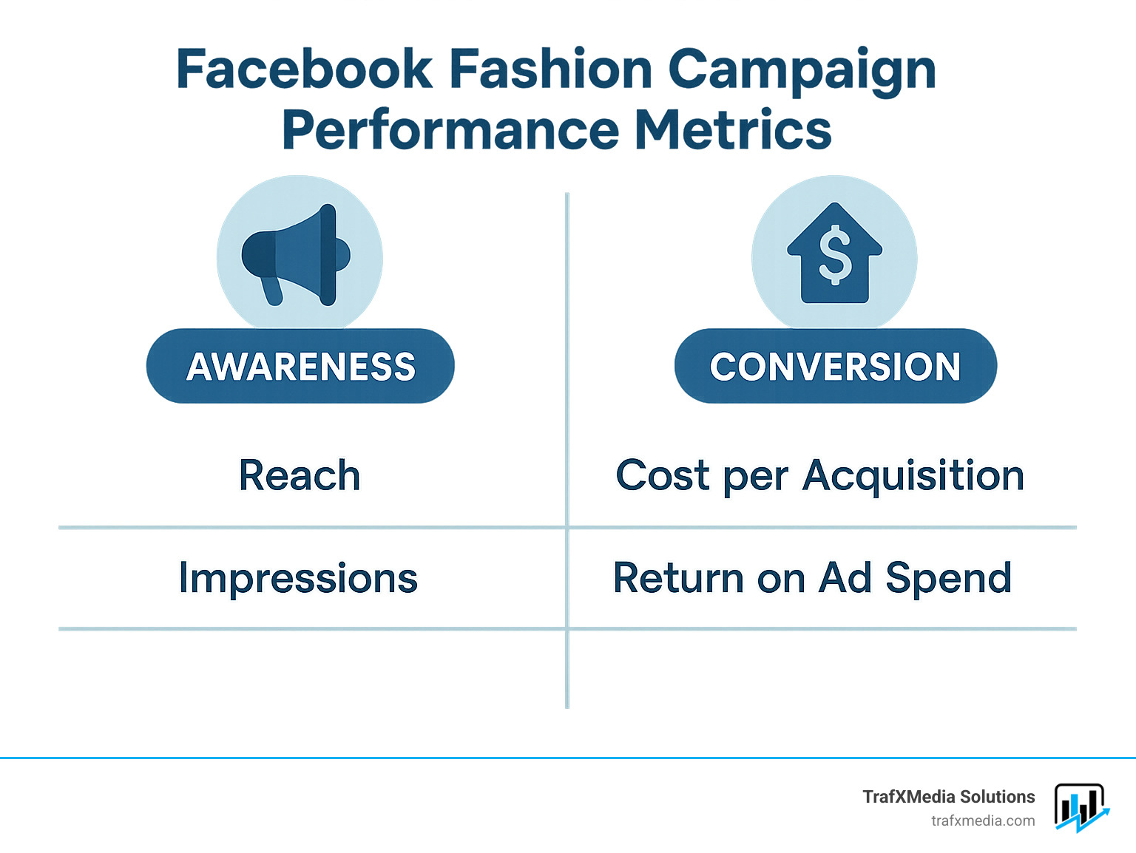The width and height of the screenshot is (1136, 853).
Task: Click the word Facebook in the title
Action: (x=304, y=69)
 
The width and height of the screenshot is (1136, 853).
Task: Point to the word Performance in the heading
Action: (x=450, y=130)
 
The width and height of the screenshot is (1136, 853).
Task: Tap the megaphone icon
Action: (x=296, y=255)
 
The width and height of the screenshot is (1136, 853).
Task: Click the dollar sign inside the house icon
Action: (x=835, y=255)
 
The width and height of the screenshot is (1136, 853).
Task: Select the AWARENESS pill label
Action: (x=300, y=366)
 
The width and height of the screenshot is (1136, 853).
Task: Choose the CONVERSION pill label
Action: (x=835, y=366)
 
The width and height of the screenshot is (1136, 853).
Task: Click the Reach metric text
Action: (x=300, y=475)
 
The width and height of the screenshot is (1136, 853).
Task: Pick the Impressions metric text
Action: (x=298, y=578)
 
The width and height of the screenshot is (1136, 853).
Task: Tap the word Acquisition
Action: (x=913, y=475)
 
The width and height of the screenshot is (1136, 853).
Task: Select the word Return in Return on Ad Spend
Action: (x=678, y=578)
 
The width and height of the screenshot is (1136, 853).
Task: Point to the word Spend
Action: (x=948, y=578)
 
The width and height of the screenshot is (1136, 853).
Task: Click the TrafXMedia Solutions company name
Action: (x=948, y=797)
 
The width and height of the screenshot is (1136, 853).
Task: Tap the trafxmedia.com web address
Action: (x=982, y=820)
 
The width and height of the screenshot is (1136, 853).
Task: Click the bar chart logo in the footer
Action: (x=1081, y=807)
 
